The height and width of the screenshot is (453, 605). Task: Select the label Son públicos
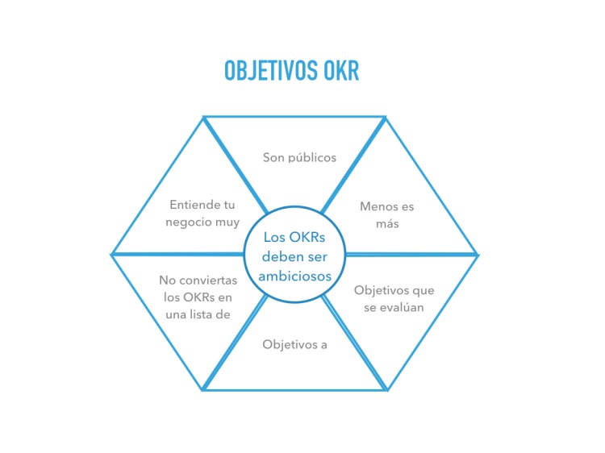coord(299,157)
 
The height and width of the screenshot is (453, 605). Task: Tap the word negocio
coord(187,222)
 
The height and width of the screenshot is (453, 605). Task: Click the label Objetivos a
coord(294,344)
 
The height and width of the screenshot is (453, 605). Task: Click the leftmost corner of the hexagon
coord(111,254)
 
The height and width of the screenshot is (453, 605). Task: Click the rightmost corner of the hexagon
coord(478,255)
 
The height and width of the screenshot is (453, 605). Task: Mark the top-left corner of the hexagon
coord(202,118)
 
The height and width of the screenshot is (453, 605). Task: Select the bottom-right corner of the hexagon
coord(387,390)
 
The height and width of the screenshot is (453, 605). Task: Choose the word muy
coord(227,222)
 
